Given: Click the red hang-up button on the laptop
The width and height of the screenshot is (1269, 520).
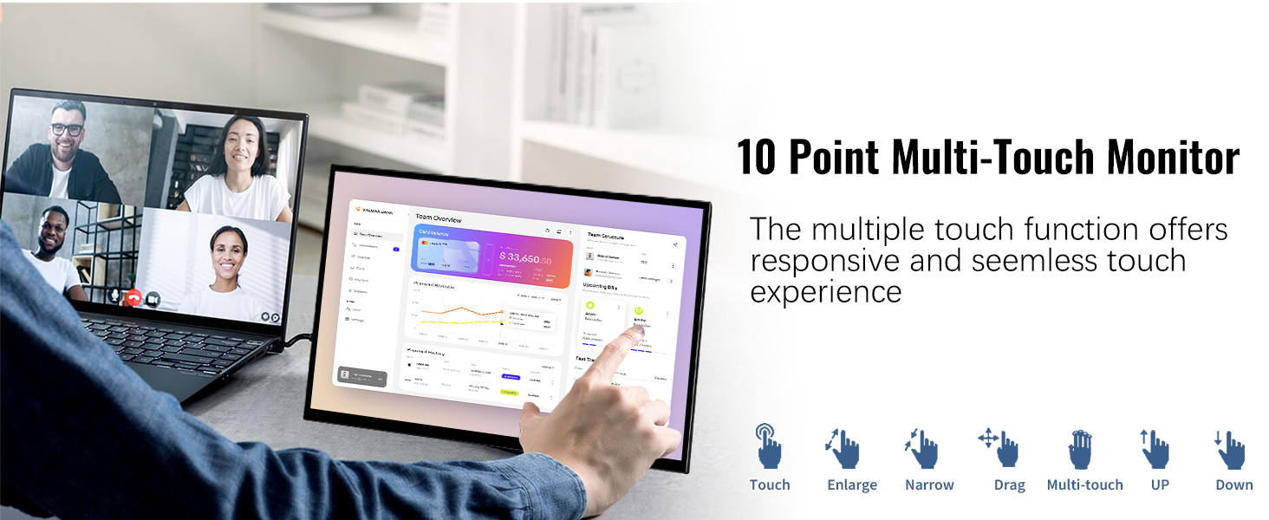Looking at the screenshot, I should coord(133,296).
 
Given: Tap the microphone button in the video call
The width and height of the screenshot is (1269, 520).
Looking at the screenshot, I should coord(114,296).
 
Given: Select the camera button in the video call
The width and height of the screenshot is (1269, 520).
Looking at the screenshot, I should coord(153,298).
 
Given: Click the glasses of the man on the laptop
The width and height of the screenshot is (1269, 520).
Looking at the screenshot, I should coord(67,130).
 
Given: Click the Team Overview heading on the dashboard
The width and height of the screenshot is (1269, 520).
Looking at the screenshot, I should coord(439,218).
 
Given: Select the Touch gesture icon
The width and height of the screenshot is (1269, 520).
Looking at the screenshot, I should coord(768,445).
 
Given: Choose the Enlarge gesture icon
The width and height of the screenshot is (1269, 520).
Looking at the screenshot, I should coord(843,448).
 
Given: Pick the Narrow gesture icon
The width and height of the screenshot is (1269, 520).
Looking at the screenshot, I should coord(922,448).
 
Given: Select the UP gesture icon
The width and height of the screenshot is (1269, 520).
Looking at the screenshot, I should coord(1155,448).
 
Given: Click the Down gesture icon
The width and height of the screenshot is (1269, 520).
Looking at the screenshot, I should coord(1230,449).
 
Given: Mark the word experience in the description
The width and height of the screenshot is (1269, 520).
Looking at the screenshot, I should coord(826,292).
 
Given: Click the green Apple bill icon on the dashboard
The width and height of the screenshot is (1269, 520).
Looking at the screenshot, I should coord(589,306).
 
